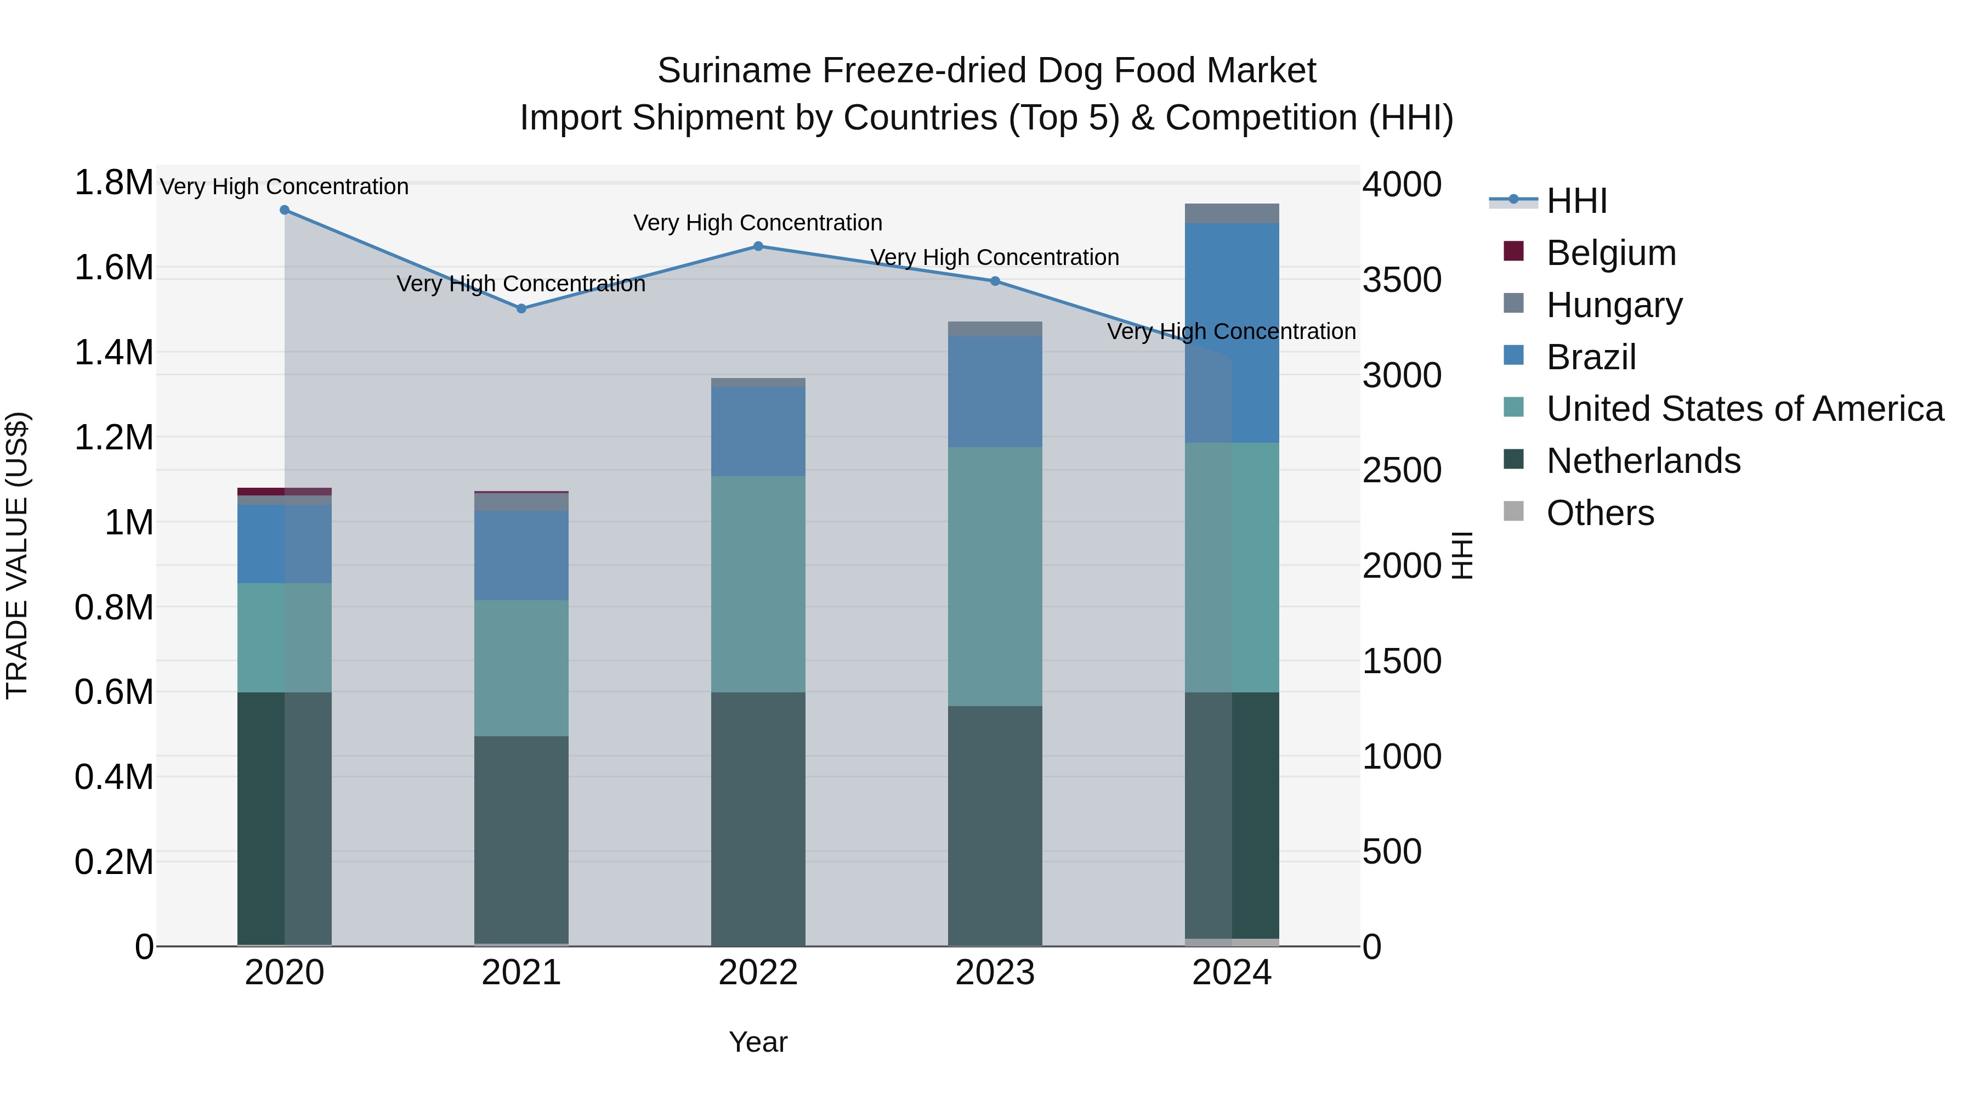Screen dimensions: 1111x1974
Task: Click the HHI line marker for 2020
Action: (x=284, y=210)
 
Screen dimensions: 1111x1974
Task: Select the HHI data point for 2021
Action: (x=521, y=309)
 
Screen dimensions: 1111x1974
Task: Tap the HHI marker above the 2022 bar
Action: (x=758, y=246)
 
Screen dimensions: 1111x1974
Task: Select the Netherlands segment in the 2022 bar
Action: (x=758, y=818)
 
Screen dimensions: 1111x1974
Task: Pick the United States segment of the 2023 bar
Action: (x=995, y=577)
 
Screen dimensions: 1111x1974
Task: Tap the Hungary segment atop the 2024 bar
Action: (x=1232, y=214)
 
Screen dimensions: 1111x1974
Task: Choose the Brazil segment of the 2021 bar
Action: (x=521, y=555)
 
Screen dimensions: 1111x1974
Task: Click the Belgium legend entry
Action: (x=1611, y=253)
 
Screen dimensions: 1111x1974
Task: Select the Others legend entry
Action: (x=1600, y=513)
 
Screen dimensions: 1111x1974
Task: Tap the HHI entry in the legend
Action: (x=1576, y=201)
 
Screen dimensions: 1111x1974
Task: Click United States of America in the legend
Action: (x=1744, y=409)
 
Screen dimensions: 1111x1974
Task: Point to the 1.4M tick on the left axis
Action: (x=114, y=353)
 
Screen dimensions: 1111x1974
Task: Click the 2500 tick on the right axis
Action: (x=1402, y=471)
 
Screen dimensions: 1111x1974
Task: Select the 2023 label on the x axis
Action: (x=995, y=973)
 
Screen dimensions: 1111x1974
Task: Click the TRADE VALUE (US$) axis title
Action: (x=17, y=555)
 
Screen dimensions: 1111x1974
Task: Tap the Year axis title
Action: (x=758, y=1042)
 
